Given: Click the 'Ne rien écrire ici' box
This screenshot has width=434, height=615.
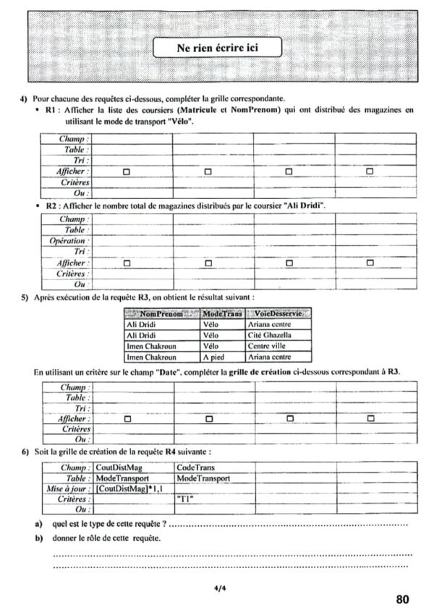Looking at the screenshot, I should [216, 48].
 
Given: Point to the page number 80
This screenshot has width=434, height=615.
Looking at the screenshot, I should [403, 599].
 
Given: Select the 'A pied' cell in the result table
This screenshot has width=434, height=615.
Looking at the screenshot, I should [215, 356].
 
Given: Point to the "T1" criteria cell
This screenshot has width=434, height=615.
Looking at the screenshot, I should [185, 499].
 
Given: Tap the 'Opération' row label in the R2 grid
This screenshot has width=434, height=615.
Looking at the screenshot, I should [69, 240].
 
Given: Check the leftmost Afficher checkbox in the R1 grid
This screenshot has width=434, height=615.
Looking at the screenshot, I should [126, 171].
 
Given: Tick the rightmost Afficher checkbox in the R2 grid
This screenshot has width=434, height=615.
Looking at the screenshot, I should [370, 263].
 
